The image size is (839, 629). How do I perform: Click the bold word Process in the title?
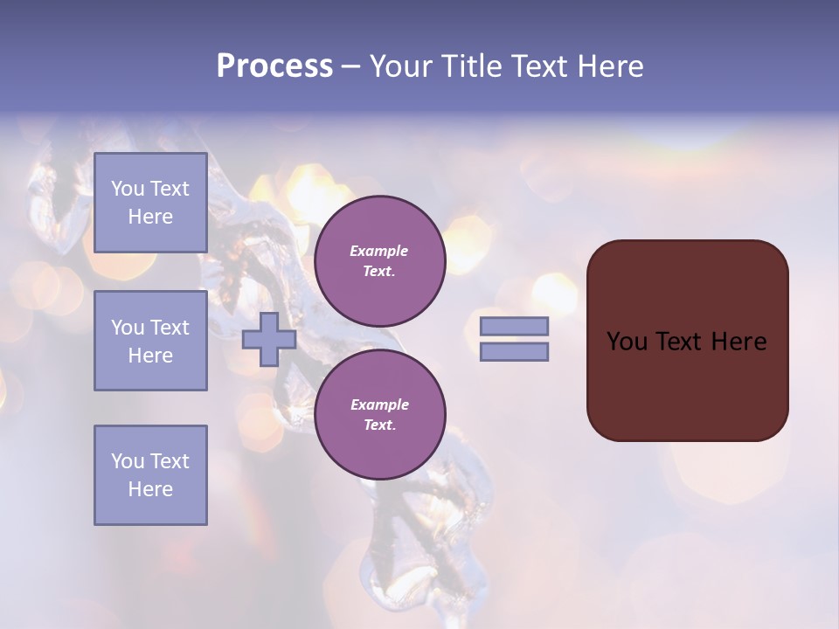pyautogui.click(x=274, y=66)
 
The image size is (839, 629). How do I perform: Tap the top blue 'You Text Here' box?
pyautogui.click(x=150, y=203)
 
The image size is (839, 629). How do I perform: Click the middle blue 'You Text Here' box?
pyautogui.click(x=150, y=341)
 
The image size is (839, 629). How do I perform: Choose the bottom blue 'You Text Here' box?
pyautogui.click(x=150, y=474)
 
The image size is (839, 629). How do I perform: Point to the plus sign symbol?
pyautogui.click(x=268, y=339)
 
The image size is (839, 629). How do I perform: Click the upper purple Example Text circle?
pyautogui.click(x=379, y=261)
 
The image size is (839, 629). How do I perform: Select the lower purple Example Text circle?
pyautogui.click(x=379, y=415)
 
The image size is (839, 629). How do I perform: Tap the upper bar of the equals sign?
pyautogui.click(x=514, y=326)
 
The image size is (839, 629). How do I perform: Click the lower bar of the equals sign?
pyautogui.click(x=514, y=351)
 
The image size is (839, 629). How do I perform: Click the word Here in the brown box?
pyautogui.click(x=738, y=342)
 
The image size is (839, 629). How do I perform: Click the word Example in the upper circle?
pyautogui.click(x=379, y=251)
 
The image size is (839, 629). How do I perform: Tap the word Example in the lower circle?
pyautogui.click(x=379, y=404)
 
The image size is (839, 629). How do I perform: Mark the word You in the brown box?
pyautogui.click(x=627, y=342)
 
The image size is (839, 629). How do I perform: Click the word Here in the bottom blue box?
pyautogui.click(x=150, y=489)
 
